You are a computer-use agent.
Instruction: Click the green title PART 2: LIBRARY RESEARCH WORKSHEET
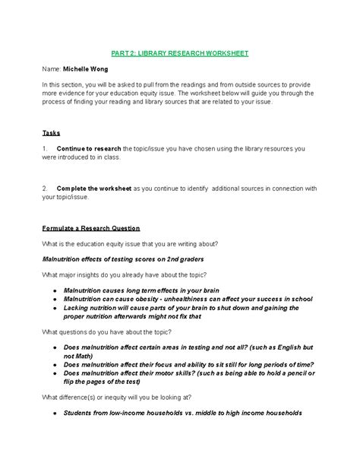(179, 53)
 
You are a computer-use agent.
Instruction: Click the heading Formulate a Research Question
(90, 228)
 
